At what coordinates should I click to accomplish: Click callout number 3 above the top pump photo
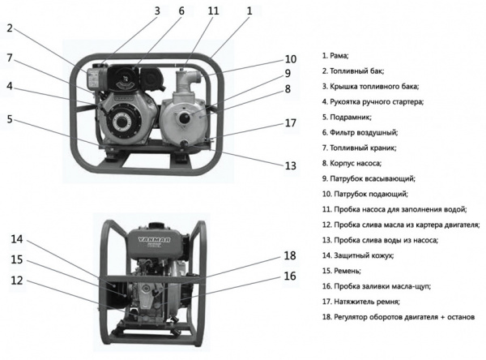(157, 11)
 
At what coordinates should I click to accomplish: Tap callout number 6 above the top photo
(181, 11)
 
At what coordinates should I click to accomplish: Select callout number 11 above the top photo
(213, 11)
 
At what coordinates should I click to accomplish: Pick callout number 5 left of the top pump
(11, 118)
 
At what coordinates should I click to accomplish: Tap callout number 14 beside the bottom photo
(17, 239)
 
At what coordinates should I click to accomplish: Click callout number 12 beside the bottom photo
(17, 281)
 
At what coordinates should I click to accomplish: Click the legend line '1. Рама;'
(335, 56)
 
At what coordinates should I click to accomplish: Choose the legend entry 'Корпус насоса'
(356, 163)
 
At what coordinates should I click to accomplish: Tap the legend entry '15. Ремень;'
(343, 270)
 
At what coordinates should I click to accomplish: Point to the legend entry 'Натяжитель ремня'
(362, 301)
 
